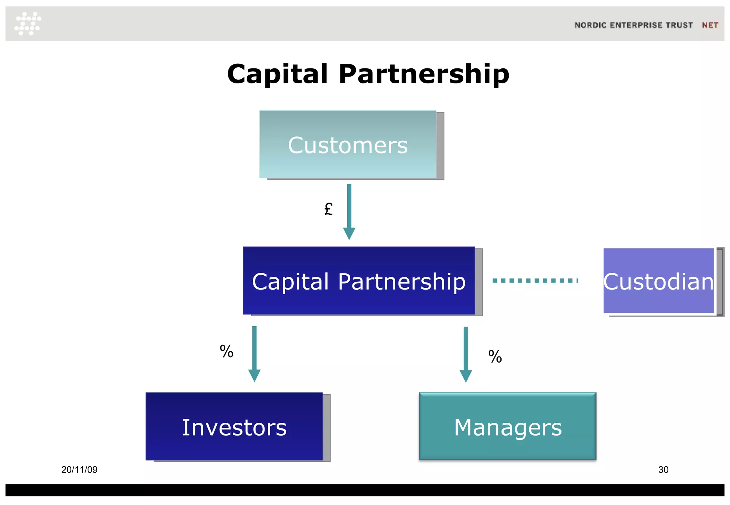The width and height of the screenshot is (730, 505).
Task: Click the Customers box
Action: click(x=348, y=145)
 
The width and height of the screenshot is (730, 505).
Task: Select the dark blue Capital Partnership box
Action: click(x=359, y=281)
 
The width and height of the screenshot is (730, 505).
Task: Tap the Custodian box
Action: click(x=658, y=281)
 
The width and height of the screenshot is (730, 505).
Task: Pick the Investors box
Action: click(x=234, y=427)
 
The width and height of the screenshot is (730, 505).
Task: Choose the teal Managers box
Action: click(x=508, y=426)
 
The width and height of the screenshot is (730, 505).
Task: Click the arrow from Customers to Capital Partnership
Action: click(x=349, y=212)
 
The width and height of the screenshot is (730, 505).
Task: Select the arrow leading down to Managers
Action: click(x=466, y=354)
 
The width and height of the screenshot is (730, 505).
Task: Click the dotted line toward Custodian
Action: click(x=535, y=281)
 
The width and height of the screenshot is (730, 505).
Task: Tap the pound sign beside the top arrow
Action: click(x=328, y=209)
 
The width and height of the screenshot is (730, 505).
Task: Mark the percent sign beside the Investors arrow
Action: click(x=226, y=352)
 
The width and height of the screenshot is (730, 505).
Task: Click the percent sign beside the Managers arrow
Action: click(x=495, y=356)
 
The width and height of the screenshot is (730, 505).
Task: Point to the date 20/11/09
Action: click(x=79, y=470)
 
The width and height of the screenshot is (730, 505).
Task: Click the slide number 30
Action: click(x=663, y=470)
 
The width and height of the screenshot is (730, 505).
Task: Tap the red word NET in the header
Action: click(x=710, y=25)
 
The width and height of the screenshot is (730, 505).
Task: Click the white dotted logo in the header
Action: click(x=28, y=24)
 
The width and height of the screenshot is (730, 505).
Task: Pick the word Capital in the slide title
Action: click(x=277, y=74)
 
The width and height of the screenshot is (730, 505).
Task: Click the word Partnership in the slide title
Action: click(x=424, y=74)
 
